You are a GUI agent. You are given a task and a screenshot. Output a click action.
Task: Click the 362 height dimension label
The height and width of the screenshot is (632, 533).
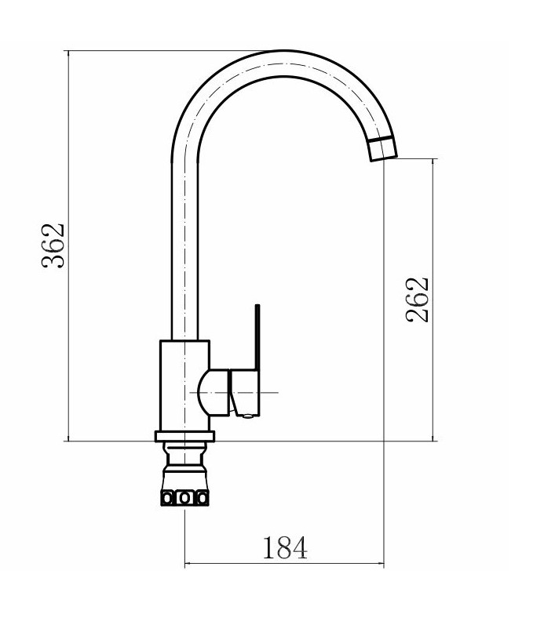(53, 245)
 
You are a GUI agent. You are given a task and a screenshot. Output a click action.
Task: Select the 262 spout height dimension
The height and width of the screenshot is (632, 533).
(417, 300)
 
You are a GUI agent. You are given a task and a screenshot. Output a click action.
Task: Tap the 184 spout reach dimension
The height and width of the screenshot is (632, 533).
(285, 548)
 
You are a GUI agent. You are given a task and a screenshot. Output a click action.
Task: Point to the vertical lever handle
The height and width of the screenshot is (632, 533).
(257, 337)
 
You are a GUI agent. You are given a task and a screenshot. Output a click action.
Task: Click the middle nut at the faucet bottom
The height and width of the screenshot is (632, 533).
(184, 499)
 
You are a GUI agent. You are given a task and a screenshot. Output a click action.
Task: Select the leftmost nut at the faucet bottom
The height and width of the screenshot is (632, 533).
(167, 499)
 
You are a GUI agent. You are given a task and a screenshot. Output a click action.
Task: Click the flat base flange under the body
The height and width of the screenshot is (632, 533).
(184, 436)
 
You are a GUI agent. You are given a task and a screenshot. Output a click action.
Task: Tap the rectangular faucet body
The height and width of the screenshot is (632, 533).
(184, 386)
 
